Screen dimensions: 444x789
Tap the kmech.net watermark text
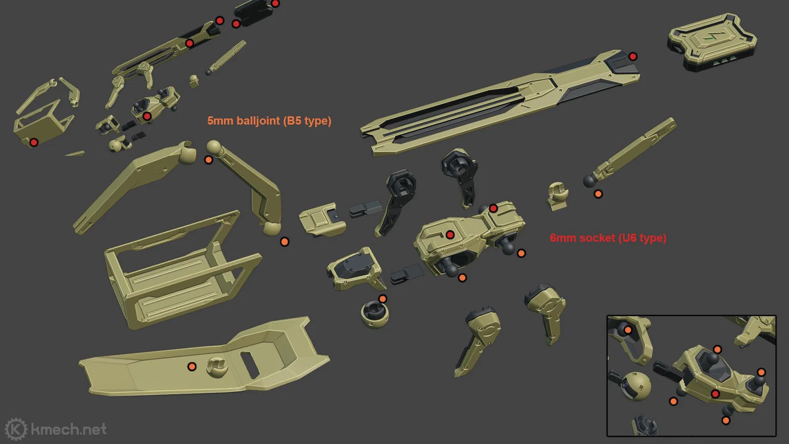[69, 429]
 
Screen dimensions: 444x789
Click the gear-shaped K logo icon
[16, 429]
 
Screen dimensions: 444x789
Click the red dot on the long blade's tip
[633, 56]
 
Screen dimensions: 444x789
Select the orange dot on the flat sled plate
[192, 367]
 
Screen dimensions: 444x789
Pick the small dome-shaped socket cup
[374, 315]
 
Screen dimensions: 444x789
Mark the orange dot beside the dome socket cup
[382, 299]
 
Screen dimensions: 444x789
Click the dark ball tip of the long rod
[589, 181]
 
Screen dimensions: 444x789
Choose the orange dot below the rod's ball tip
[598, 194]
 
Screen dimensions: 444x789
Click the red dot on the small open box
[34, 143]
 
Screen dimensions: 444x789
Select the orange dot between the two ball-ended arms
[209, 160]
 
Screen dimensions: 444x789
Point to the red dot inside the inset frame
[715, 394]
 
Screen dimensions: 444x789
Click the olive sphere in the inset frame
[632, 385]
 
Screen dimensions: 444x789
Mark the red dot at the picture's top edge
[275, 3]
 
